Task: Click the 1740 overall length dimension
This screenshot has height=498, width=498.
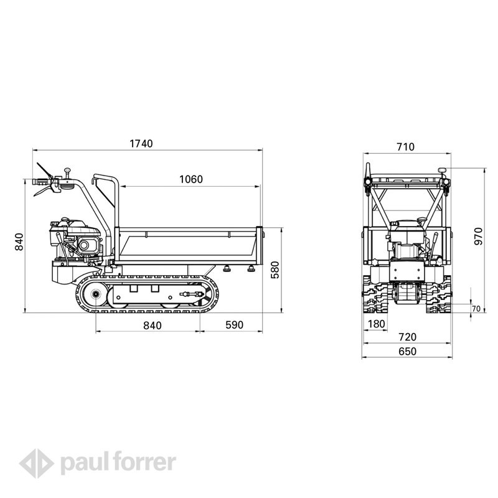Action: (141, 144)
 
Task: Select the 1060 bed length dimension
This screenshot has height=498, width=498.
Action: (191, 179)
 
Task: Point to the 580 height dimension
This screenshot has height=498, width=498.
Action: (275, 270)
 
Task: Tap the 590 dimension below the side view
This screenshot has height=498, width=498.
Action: (235, 325)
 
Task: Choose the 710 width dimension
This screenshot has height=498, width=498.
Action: (406, 147)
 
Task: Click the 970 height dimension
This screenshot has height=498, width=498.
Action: (478, 237)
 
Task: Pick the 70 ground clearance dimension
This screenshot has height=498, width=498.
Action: (476, 309)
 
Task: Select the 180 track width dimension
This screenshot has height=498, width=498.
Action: (377, 324)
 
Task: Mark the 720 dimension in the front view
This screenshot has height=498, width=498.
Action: (407, 337)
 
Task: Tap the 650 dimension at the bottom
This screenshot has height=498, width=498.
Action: (407, 351)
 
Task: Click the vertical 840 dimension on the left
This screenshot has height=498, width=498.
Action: (19, 242)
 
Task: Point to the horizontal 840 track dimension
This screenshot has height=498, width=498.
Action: (153, 326)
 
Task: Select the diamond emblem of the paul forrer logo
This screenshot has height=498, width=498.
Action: (36, 463)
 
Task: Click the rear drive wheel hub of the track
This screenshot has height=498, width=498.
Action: (95, 294)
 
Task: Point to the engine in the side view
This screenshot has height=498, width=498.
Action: (76, 238)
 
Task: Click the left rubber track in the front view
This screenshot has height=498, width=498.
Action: (376, 294)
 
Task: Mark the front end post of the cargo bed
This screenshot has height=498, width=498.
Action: (260, 245)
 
